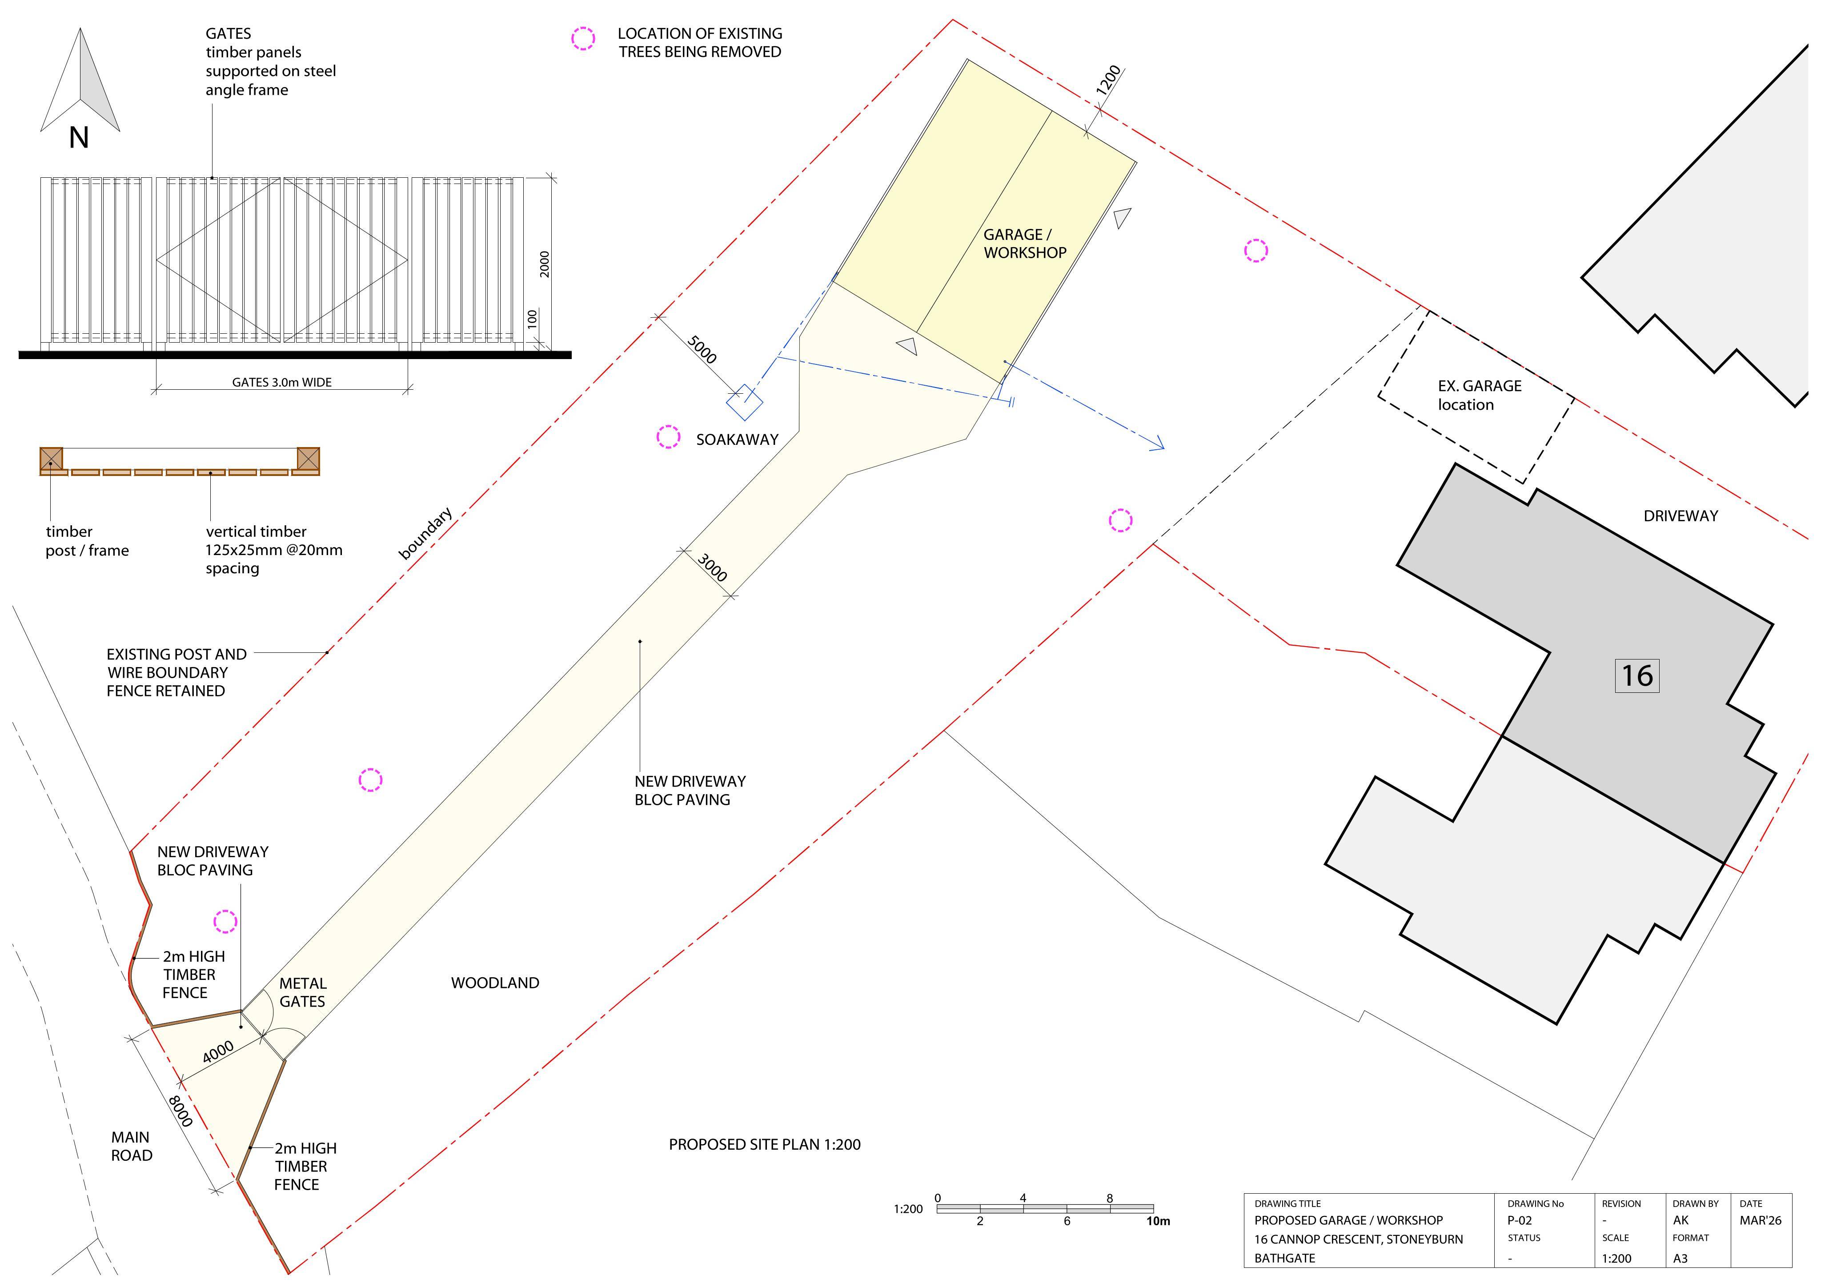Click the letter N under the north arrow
tap(79, 138)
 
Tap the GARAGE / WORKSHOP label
tap(1025, 244)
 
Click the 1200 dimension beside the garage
tap(1109, 80)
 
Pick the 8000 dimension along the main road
tap(180, 1111)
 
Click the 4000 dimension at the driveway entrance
tap(218, 1051)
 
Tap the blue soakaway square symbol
tap(745, 402)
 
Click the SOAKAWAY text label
tap(737, 440)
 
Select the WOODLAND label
tap(495, 983)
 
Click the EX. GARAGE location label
tap(1479, 395)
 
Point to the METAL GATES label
tap(302, 992)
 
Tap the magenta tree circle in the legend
tap(583, 38)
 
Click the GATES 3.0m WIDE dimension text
tap(281, 382)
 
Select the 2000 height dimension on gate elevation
tap(544, 264)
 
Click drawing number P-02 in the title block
tap(1519, 1219)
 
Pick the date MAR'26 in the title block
tap(1760, 1219)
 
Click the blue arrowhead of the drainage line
tap(1159, 444)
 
